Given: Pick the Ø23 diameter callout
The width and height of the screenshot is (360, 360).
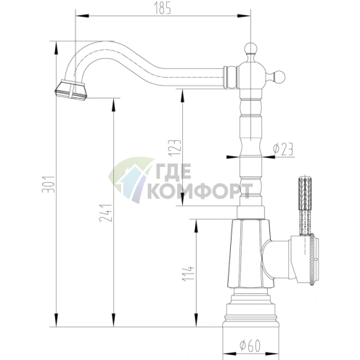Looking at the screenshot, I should coord(283,150).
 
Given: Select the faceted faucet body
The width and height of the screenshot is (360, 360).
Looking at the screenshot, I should coord(247,254).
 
